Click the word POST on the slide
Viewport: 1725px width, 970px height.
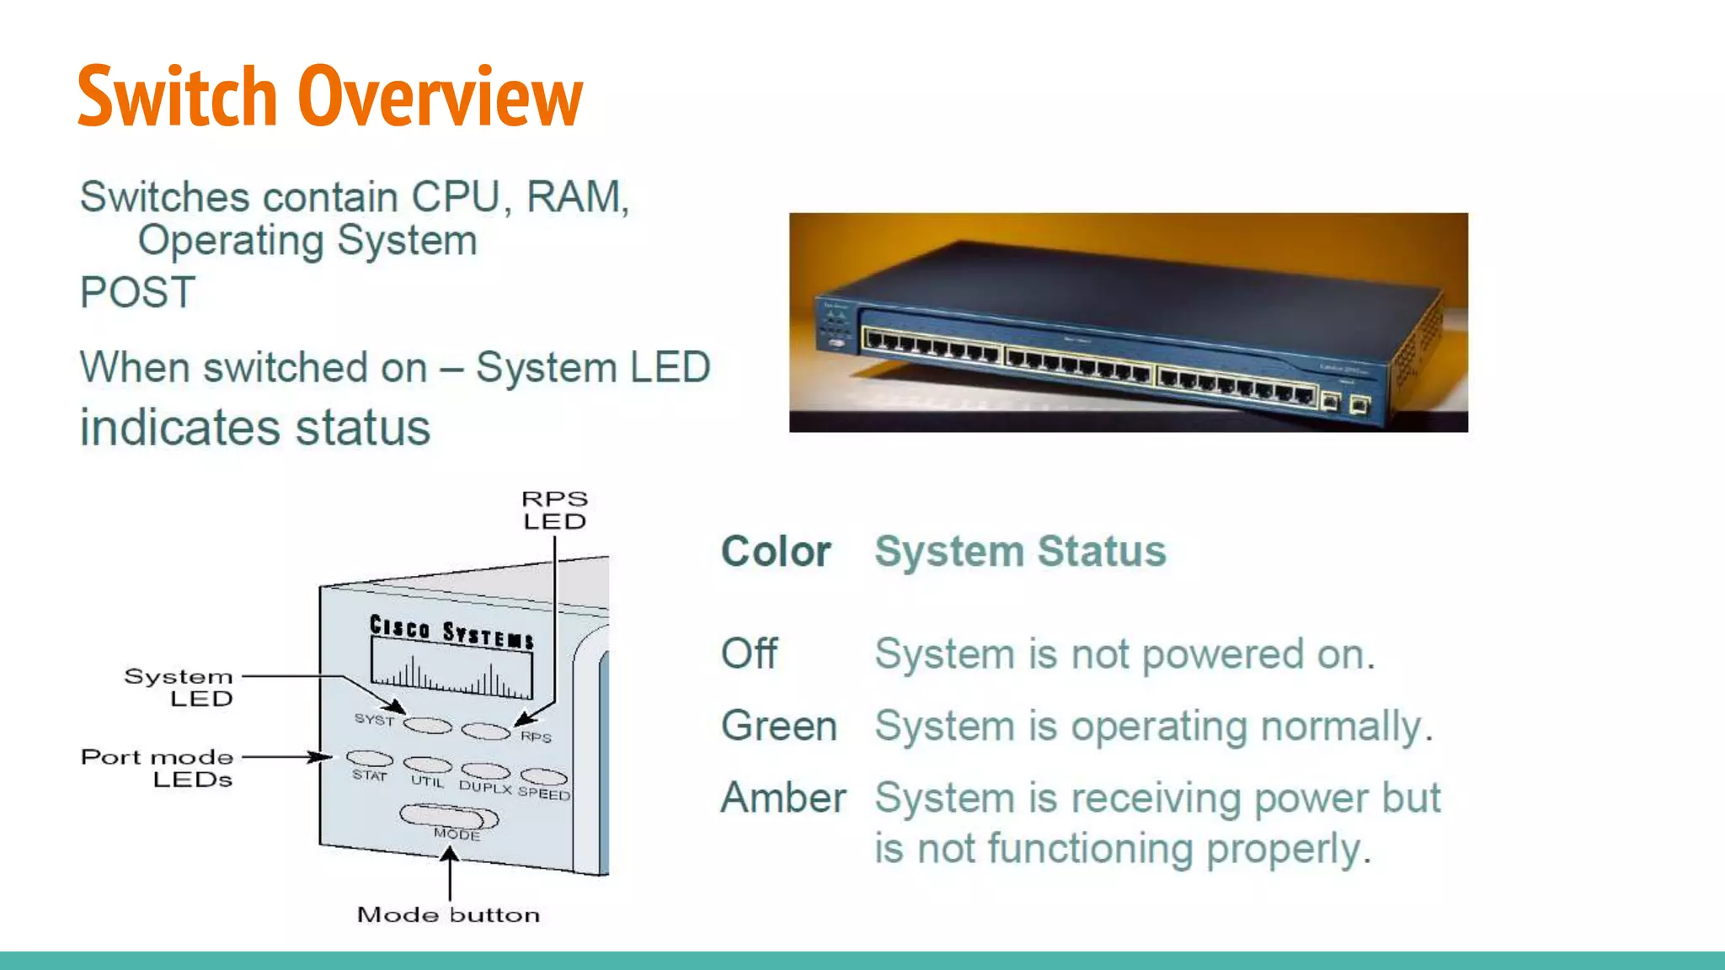point(137,293)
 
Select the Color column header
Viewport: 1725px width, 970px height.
point(776,552)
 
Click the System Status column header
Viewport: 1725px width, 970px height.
point(1020,552)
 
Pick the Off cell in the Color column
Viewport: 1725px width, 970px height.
point(749,653)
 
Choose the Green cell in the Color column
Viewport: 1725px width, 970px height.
point(779,726)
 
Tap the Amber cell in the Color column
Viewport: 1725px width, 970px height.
point(783,797)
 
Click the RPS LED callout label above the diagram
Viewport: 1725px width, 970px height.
point(554,510)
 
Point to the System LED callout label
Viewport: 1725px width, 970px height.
point(179,687)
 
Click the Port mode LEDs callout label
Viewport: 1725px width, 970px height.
point(158,768)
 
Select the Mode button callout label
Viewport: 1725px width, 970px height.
point(448,914)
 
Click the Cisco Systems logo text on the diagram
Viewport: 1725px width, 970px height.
point(451,632)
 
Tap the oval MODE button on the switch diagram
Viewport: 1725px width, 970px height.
point(449,817)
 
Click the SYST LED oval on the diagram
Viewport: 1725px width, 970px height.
point(428,725)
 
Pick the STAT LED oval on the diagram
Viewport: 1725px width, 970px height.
point(370,759)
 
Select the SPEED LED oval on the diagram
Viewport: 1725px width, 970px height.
point(543,775)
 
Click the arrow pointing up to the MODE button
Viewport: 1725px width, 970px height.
point(450,871)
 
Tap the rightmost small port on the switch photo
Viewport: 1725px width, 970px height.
point(1359,406)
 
